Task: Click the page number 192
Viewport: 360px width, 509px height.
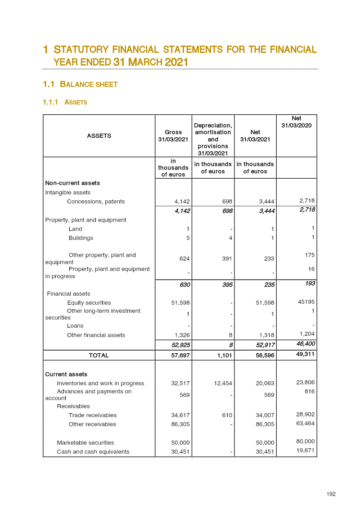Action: click(331, 494)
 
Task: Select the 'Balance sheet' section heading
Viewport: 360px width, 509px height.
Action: click(89, 84)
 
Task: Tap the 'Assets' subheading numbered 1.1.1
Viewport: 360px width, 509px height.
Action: click(76, 102)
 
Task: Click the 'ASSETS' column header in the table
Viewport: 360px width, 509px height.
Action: click(99, 135)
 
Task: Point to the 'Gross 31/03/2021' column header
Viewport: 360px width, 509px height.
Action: click(173, 135)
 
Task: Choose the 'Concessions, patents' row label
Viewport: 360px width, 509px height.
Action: click(96, 201)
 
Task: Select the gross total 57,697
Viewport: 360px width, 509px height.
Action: click(173, 355)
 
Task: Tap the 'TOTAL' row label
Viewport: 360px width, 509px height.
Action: click(99, 355)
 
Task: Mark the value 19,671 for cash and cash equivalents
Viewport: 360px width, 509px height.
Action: click(305, 450)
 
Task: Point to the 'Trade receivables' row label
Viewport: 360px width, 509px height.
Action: click(93, 415)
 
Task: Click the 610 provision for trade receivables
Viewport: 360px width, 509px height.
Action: click(227, 415)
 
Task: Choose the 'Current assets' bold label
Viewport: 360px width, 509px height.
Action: click(67, 374)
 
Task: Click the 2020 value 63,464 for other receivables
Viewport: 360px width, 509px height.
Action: click(305, 423)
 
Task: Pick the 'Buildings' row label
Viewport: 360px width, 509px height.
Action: click(81, 238)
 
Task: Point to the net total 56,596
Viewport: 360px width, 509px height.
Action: click(261, 355)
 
